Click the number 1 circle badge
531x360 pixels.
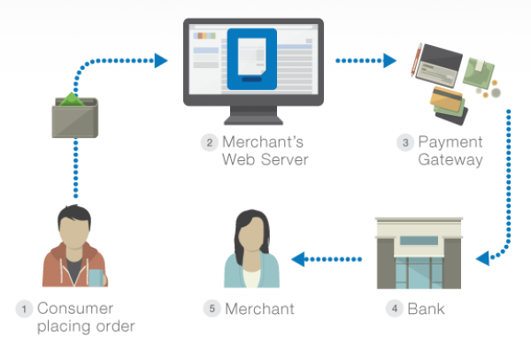pyautogui.click(x=23, y=309)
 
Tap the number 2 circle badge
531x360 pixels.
pyautogui.click(x=207, y=142)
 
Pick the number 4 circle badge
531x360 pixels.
pyautogui.click(x=393, y=309)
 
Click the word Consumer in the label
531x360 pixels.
pyautogui.click(x=75, y=309)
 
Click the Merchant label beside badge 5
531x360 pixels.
pyautogui.click(x=259, y=309)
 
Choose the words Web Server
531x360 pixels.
pyautogui.click(x=265, y=160)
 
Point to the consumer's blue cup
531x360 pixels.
pyautogui.click(x=95, y=278)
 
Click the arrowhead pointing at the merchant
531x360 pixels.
pyautogui.click(x=298, y=259)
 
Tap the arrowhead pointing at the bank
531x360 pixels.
pyautogui.click(x=481, y=259)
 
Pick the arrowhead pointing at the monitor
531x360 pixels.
pyautogui.click(x=160, y=61)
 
